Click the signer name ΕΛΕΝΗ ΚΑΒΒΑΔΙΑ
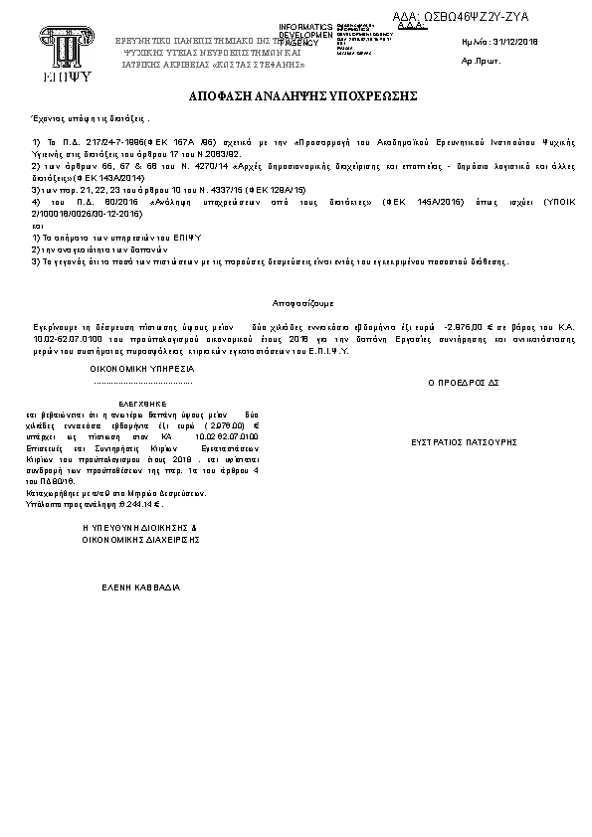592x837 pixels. point(141,587)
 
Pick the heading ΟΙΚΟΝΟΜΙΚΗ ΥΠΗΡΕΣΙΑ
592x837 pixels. point(141,368)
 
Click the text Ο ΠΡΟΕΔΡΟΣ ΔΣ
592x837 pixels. point(462,381)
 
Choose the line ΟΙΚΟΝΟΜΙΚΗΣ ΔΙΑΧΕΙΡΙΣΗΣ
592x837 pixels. point(141,538)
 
